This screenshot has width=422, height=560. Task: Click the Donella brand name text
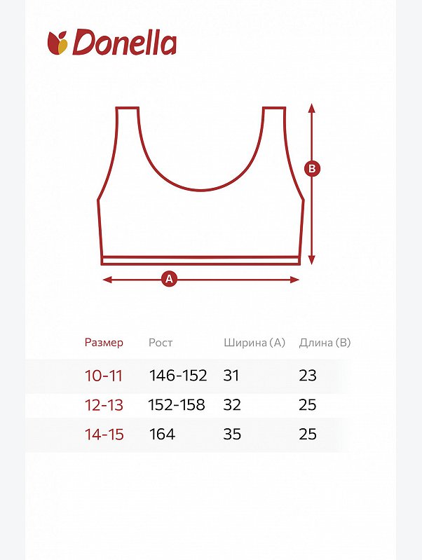tap(124, 43)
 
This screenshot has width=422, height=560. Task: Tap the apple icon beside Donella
tap(57, 43)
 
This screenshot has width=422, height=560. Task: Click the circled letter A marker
tap(170, 279)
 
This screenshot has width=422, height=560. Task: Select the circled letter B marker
tap(312, 169)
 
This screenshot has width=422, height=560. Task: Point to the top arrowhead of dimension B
tap(312, 107)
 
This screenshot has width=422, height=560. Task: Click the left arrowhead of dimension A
tap(107, 279)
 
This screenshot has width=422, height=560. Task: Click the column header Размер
tap(104, 343)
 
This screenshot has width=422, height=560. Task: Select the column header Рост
tap(161, 343)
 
